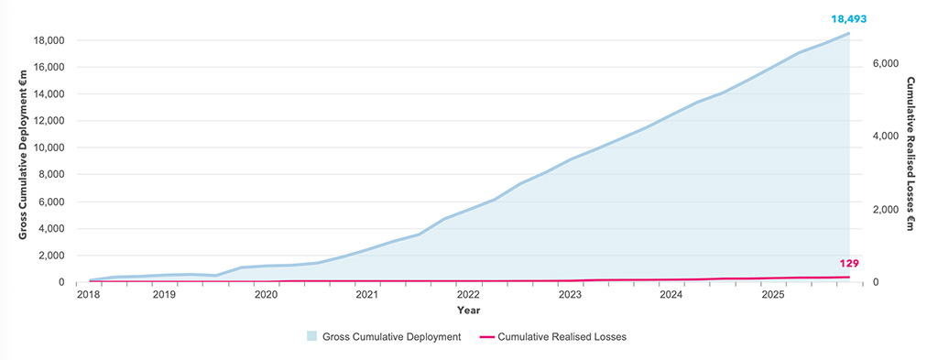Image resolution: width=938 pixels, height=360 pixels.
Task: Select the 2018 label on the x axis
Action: point(89,295)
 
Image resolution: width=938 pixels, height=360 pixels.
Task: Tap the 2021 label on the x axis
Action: point(366,295)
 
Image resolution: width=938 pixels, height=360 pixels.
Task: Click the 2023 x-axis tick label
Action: point(570,295)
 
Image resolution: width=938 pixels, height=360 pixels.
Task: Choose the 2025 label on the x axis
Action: point(773,295)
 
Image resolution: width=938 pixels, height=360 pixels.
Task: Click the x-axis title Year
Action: point(468,311)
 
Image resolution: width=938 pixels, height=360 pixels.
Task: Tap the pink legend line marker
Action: point(486,337)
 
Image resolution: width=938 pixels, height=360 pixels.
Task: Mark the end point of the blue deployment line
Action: point(848,34)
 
